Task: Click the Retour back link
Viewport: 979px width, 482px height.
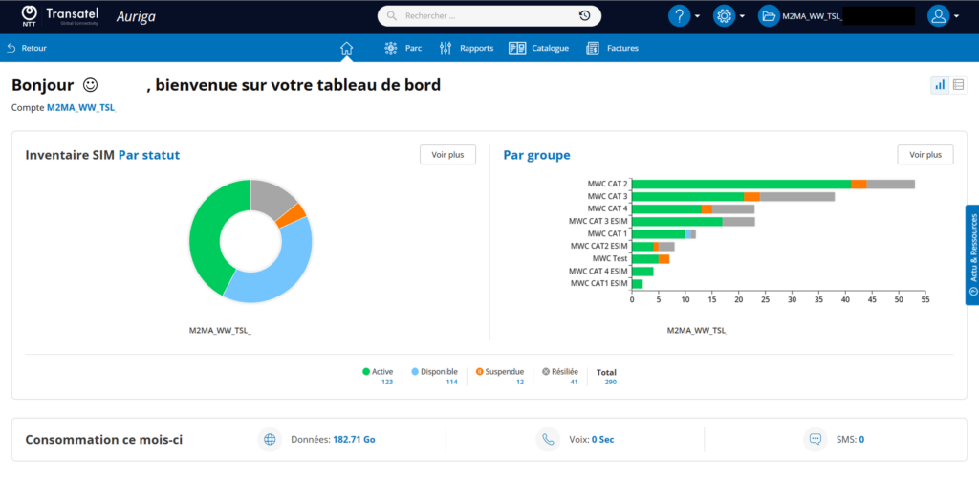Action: pyautogui.click(x=27, y=48)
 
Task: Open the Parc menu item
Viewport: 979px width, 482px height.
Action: pyautogui.click(x=402, y=48)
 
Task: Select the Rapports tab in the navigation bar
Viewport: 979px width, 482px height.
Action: pyautogui.click(x=466, y=48)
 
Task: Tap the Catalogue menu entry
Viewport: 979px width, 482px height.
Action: pyautogui.click(x=539, y=48)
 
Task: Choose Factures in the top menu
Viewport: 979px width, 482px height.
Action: pyautogui.click(x=613, y=48)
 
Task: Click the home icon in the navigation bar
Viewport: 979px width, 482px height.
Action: pyautogui.click(x=346, y=48)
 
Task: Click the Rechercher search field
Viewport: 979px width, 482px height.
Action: pyautogui.click(x=489, y=16)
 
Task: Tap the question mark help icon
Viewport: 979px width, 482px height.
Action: pyautogui.click(x=680, y=16)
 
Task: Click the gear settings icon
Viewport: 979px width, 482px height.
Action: pyautogui.click(x=725, y=16)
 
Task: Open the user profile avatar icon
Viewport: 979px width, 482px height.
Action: pyautogui.click(x=938, y=16)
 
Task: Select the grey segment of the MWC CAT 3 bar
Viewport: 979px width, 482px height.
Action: pyautogui.click(x=797, y=197)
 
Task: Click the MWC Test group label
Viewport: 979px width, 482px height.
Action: pyautogui.click(x=610, y=258)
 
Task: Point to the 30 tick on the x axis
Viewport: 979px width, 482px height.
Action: pyautogui.click(x=792, y=300)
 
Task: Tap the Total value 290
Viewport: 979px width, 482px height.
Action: pyautogui.click(x=610, y=383)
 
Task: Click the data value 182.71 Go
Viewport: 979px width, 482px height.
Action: pyautogui.click(x=354, y=440)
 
